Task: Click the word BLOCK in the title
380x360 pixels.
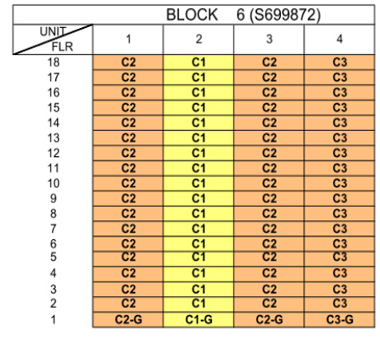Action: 192,14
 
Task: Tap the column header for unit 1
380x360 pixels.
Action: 128,39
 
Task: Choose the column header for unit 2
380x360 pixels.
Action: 198,39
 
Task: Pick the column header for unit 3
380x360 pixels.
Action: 269,39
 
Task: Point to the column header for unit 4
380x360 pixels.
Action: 339,39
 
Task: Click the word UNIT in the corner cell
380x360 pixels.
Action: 53,32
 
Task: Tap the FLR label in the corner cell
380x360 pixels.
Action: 62,47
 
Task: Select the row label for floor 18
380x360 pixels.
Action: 54,62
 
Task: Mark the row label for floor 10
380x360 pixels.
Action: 54,183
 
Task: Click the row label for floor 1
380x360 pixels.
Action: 54,319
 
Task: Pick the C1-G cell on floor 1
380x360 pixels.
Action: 198,319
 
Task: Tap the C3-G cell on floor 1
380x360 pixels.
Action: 339,319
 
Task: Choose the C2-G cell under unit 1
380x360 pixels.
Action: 128,319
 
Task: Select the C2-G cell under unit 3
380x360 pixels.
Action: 269,319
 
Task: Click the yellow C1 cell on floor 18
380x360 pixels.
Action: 198,62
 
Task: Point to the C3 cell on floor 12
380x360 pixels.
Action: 339,153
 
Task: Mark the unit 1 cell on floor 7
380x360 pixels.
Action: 128,229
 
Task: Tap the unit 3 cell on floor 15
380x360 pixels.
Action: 269,108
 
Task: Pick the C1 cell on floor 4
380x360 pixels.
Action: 198,274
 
